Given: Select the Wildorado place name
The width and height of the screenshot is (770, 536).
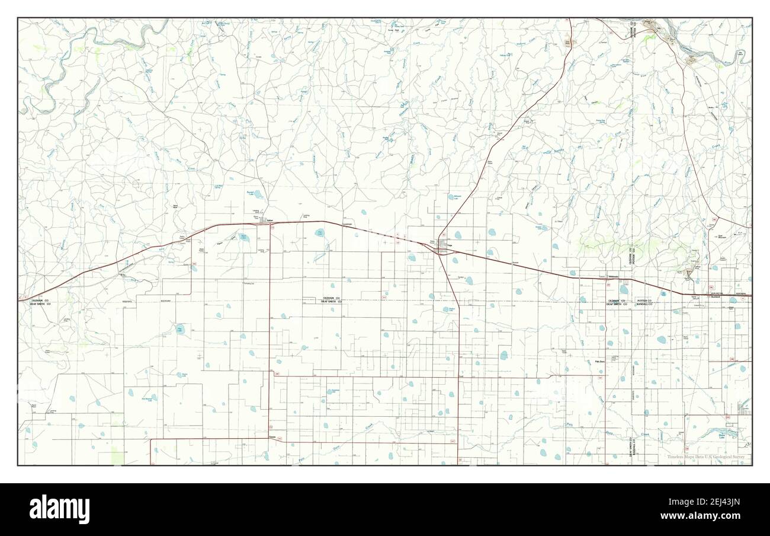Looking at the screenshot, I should coord(614,276).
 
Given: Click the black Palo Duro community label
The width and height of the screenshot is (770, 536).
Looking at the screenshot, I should coord(599,361).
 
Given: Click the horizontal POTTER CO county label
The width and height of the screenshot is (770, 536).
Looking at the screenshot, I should coord(644,301).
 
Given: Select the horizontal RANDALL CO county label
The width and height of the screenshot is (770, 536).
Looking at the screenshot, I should coord(644,304).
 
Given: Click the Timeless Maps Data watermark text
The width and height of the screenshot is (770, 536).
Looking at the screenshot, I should coord(708,457).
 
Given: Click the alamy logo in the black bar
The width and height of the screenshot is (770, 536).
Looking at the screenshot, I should coord(60,509).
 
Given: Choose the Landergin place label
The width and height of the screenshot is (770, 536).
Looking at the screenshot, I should coord(347,224).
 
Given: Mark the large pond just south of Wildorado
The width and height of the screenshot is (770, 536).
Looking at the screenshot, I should coord(624,289).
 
